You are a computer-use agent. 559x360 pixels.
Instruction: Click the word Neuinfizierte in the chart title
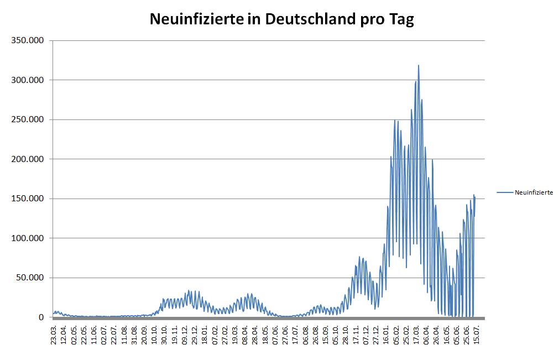196,19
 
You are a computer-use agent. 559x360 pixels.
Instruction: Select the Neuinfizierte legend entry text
534,192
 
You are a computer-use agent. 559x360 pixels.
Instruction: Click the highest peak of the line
419,66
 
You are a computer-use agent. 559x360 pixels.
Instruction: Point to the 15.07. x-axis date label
476,335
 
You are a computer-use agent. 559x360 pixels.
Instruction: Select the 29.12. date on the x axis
195,335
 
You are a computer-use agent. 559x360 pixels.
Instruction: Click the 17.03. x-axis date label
416,335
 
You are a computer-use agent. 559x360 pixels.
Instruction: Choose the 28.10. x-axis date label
346,335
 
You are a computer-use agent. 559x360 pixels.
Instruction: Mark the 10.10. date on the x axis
155,335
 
